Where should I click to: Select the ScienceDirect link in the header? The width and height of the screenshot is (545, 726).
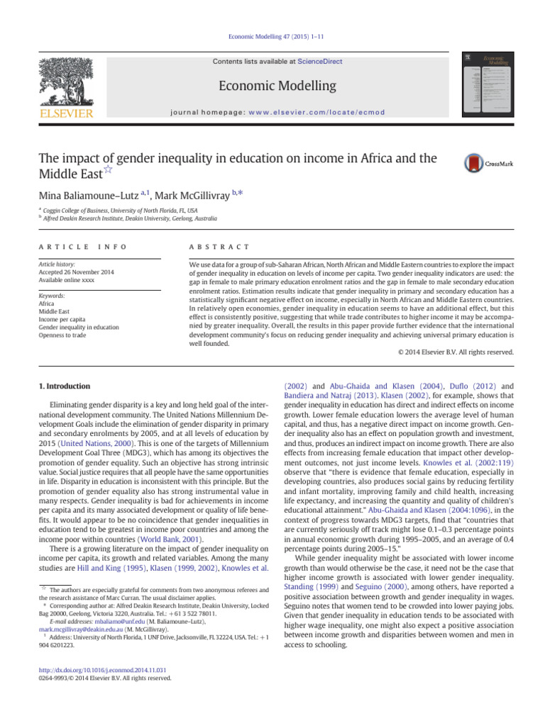319,62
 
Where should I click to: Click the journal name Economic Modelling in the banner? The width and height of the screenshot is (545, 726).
277,86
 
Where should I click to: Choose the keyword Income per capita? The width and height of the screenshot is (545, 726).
62,319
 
